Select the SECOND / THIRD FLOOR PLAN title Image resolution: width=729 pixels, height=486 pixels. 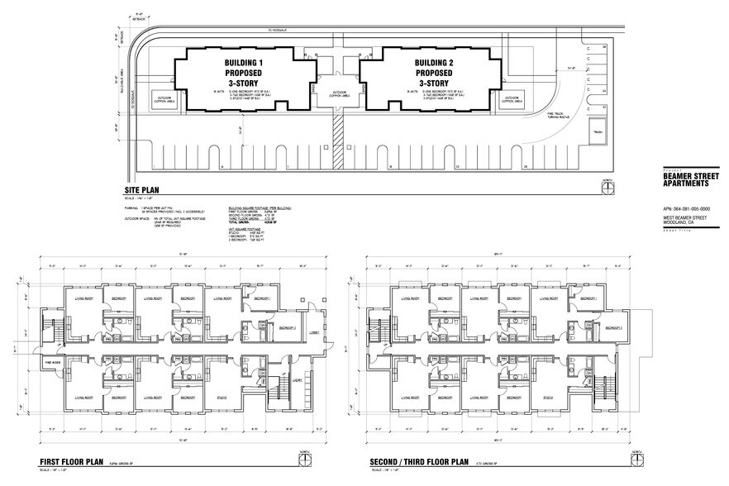(420, 462)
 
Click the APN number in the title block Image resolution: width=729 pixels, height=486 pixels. (686, 209)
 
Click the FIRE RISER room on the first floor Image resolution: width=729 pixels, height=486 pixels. (51, 361)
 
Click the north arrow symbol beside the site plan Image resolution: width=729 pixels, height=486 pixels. (607, 188)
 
